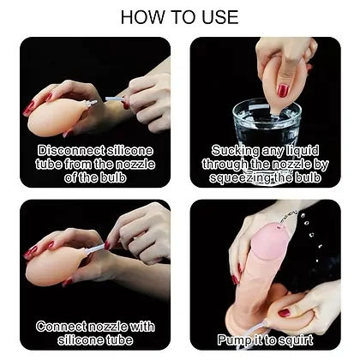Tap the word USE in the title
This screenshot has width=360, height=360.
[220, 17]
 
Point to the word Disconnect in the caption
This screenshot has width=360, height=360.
[71, 151]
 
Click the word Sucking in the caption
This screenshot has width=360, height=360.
[235, 151]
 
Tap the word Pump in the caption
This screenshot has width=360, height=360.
[232, 340]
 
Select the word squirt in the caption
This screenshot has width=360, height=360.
[296, 340]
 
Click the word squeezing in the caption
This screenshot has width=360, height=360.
[237, 178]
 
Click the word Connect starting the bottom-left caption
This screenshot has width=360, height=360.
[62, 327]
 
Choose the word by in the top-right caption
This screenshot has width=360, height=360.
[321, 165]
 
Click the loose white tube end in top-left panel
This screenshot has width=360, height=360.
[107, 99]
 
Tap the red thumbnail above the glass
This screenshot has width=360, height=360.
[283, 91]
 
